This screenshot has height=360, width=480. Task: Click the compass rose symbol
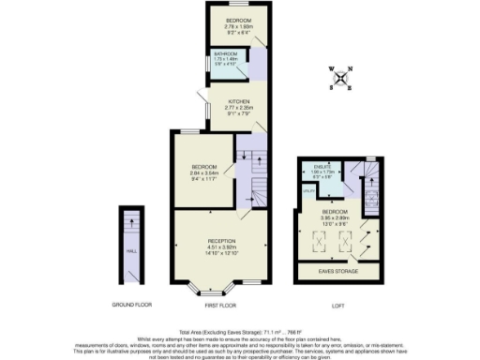pos(341,75)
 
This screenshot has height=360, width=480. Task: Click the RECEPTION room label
pos(221,241)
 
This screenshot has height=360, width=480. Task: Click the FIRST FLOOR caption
pos(221,306)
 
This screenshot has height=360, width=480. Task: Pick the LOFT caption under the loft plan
pos(338,306)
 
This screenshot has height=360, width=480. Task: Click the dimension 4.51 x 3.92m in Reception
pos(221,247)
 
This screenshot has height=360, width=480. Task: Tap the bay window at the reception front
pos(221,290)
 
